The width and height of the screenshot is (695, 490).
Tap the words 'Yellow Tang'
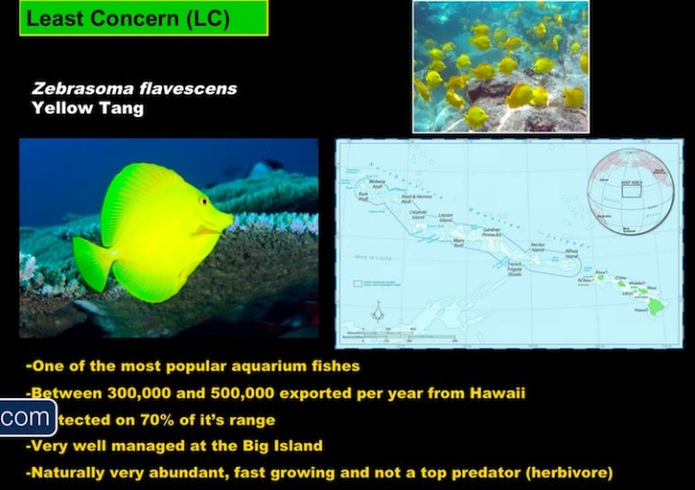(88, 107)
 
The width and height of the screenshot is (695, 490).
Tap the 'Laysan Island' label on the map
(445, 217)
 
